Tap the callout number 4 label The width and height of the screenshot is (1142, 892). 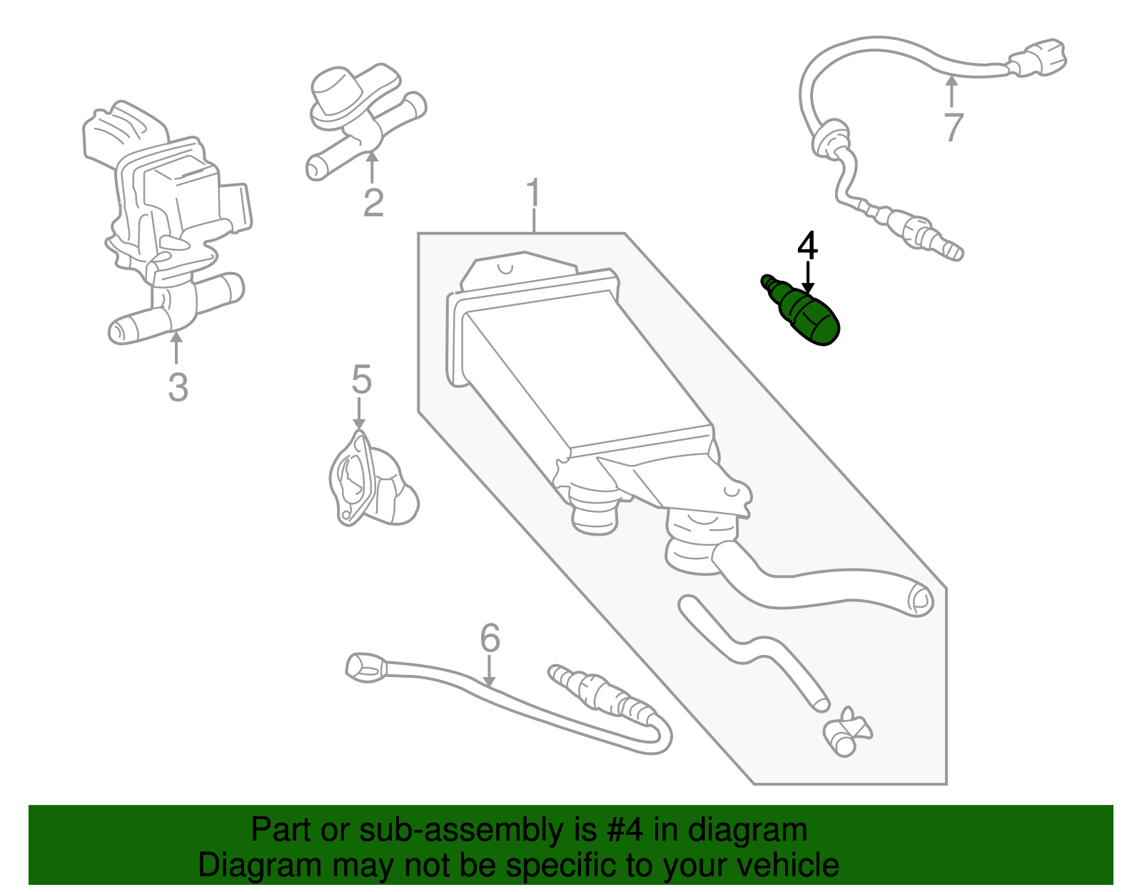[x=807, y=246]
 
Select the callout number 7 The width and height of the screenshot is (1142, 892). [x=953, y=128]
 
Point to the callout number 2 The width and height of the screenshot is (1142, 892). [x=373, y=202]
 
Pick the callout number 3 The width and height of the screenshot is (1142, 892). [x=178, y=387]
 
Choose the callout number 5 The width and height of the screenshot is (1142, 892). [x=362, y=379]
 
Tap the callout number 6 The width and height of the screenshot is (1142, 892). [x=490, y=638]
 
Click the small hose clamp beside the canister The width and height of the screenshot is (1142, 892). [x=847, y=732]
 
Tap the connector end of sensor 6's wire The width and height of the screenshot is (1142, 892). [x=365, y=666]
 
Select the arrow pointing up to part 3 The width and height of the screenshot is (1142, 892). [x=176, y=349]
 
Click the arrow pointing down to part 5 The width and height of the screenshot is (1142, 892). [x=359, y=414]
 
